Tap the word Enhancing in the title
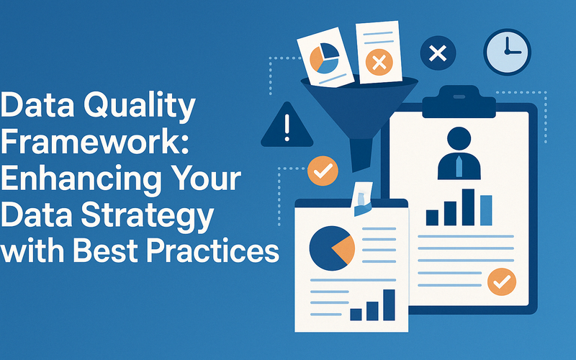[81, 179]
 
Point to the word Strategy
[147, 215]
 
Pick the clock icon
[508, 52]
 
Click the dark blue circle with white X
[438, 53]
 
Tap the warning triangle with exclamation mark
[287, 125]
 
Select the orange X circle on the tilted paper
[379, 62]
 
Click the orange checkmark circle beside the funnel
[323, 171]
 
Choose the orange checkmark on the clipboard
[502, 282]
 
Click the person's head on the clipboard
[459, 139]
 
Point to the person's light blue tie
[459, 166]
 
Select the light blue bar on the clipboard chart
[486, 210]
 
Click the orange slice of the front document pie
[344, 248]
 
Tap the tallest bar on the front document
[389, 305]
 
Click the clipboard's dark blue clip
[459, 102]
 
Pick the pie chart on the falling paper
[325, 58]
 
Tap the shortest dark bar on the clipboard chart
[432, 217]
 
